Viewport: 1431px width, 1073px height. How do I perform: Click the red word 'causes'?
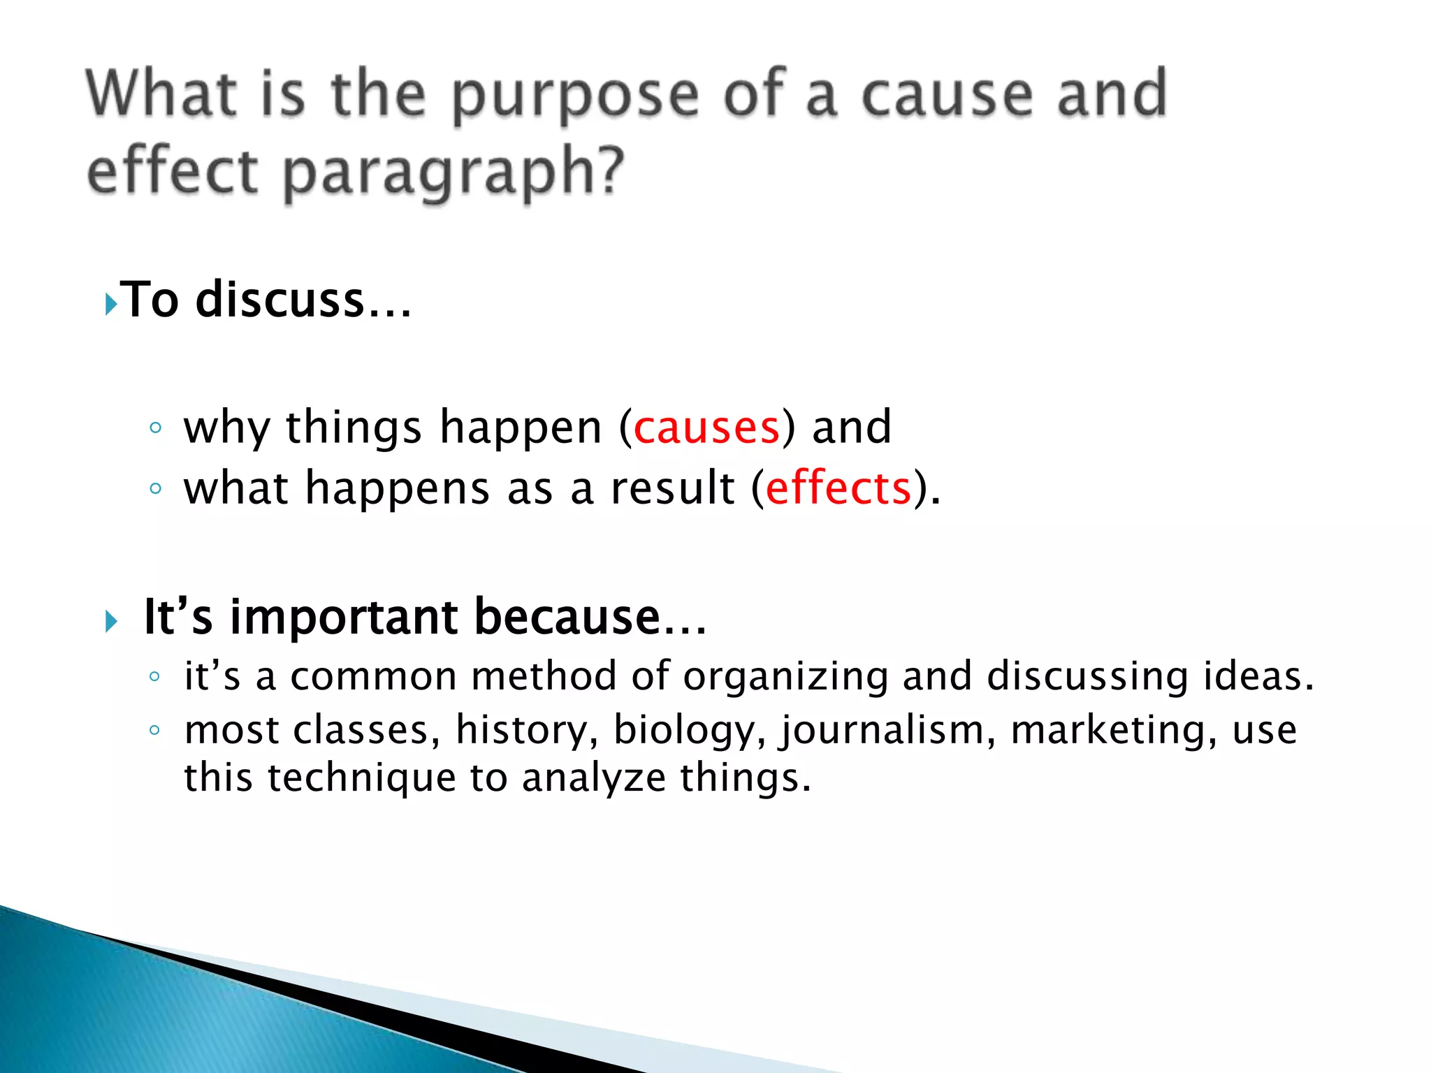click(706, 427)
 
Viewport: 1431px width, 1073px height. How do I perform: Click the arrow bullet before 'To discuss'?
click(110, 304)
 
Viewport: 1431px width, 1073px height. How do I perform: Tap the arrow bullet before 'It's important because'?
click(111, 621)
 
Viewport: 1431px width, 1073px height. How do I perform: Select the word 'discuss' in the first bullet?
click(280, 300)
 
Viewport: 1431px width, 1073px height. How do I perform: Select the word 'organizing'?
click(785, 677)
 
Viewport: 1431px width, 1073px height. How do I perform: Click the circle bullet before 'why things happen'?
click(155, 428)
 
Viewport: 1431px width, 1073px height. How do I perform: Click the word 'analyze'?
click(593, 778)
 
